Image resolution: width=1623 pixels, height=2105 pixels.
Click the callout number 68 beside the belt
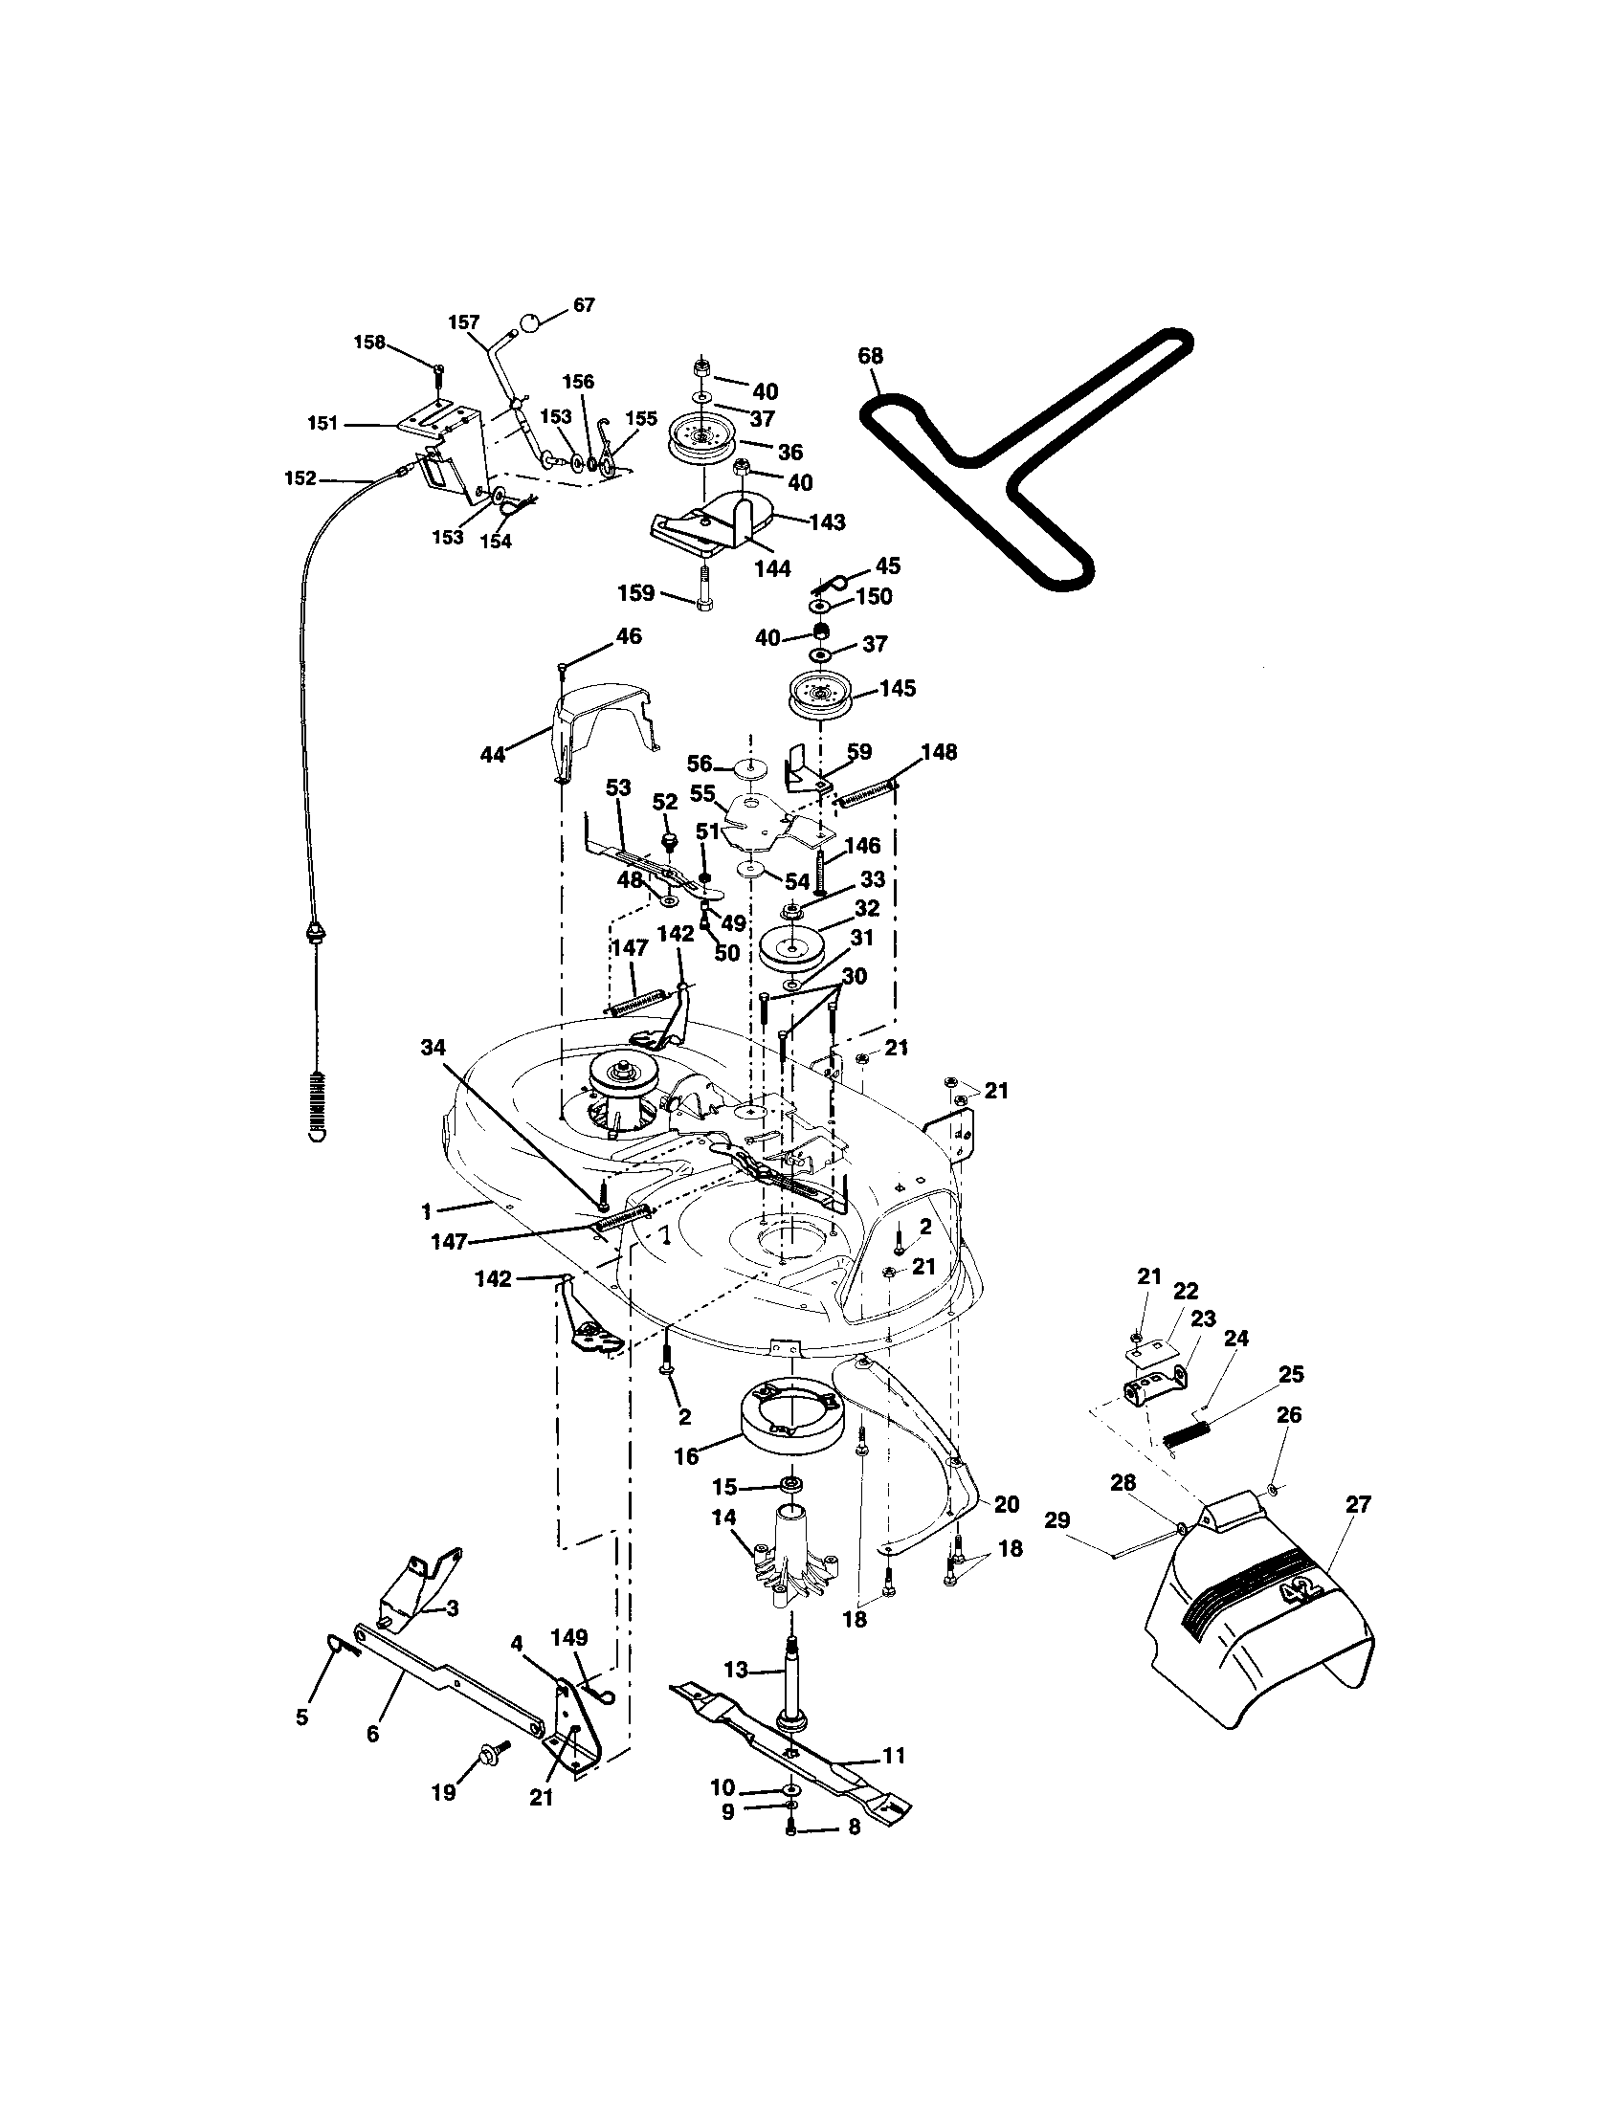(870, 357)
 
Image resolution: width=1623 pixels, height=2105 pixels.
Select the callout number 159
(636, 593)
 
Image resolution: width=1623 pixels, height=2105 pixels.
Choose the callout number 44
(493, 755)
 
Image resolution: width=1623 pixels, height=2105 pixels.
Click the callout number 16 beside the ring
(686, 1455)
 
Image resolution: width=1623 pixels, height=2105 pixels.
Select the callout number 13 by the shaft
(735, 1670)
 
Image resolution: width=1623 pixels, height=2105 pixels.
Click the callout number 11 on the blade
(894, 1755)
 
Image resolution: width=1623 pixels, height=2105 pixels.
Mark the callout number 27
(1358, 1503)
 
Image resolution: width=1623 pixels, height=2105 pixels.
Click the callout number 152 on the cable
(300, 477)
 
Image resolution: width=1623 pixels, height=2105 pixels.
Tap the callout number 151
(322, 422)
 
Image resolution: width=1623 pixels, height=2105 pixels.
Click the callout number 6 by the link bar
(373, 1733)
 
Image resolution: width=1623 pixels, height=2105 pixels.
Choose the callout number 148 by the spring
(939, 751)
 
